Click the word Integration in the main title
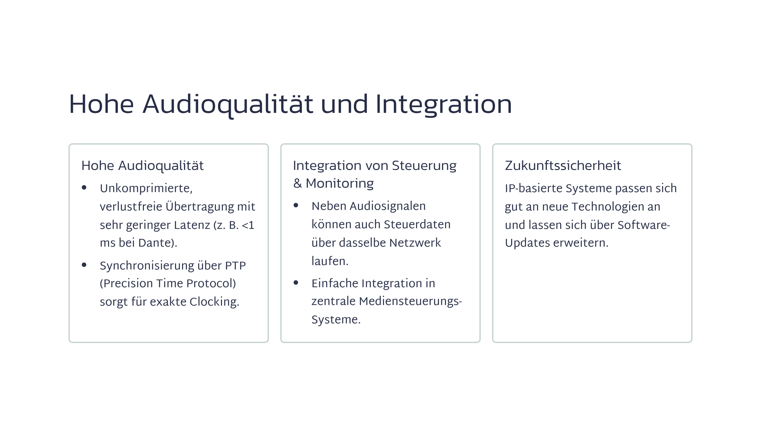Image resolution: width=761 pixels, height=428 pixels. [x=444, y=105]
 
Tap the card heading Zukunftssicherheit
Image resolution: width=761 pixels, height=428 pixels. [x=563, y=165]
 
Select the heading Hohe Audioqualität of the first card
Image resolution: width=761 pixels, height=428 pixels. [x=142, y=166]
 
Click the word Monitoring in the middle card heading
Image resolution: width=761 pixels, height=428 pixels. [x=340, y=184]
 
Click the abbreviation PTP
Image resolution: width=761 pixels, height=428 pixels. [x=235, y=266]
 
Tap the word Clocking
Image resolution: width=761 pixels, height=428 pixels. [x=214, y=302]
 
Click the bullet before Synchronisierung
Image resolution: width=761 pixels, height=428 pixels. [x=84, y=265]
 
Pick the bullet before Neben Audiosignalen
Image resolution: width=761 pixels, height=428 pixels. [x=296, y=205]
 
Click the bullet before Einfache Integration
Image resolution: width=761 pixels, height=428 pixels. [x=296, y=282]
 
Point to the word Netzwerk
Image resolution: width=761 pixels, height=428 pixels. [x=415, y=243]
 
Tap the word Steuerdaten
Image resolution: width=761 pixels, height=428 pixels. [x=417, y=224]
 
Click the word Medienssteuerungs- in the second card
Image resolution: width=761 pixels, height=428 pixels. [x=410, y=302]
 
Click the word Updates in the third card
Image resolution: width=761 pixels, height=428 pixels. [x=527, y=243]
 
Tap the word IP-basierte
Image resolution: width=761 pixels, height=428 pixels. [x=534, y=188]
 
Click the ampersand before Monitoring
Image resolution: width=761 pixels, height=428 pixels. [x=297, y=184]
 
